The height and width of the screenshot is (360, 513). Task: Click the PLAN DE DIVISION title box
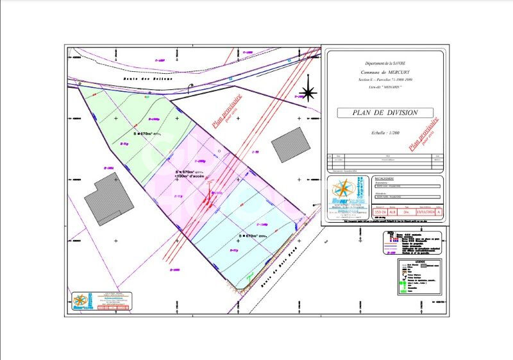click(x=385, y=112)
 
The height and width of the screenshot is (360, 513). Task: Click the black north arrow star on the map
click(x=308, y=93)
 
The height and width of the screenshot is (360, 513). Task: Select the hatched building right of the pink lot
click(x=290, y=144)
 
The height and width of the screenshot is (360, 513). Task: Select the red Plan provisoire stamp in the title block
click(x=424, y=133)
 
